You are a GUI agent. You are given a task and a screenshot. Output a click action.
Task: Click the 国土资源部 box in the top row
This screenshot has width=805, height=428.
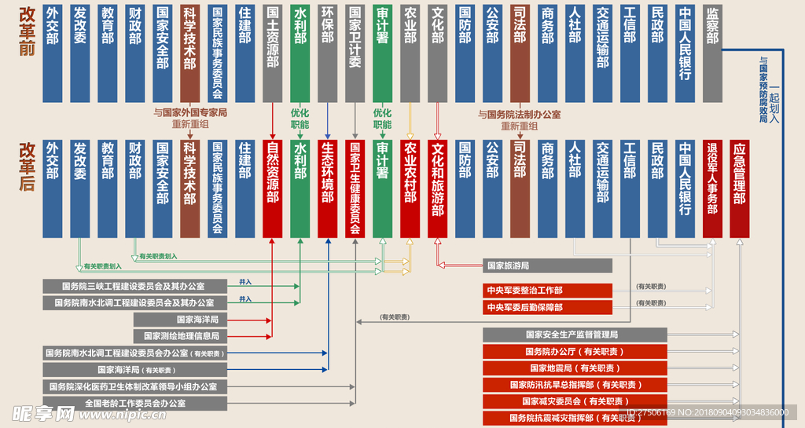(x=272, y=53)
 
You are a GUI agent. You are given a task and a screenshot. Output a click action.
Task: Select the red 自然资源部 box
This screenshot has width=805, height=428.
(x=272, y=188)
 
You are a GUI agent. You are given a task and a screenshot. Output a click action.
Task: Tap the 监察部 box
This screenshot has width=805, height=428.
(x=711, y=53)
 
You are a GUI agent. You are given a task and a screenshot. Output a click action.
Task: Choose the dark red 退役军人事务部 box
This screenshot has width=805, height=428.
(x=711, y=188)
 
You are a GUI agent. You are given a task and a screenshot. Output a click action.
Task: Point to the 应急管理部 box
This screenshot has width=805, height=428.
(x=739, y=188)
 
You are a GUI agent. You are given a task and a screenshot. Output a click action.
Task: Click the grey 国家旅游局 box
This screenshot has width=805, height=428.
(x=546, y=265)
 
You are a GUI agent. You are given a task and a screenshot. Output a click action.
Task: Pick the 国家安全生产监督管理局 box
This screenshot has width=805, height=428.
(x=574, y=335)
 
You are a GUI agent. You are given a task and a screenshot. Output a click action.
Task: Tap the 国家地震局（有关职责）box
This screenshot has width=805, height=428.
(x=574, y=368)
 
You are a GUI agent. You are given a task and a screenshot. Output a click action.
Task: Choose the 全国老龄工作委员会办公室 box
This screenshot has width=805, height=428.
(x=135, y=403)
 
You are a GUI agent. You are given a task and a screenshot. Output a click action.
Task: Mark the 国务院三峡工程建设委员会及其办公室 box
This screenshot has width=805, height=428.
(x=135, y=285)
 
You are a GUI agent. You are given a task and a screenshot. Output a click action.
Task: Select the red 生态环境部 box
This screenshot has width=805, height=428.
(x=327, y=188)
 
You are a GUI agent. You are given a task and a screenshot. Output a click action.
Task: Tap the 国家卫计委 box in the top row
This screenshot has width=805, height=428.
(x=355, y=53)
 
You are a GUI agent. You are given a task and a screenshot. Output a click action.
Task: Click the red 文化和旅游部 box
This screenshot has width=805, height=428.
(x=437, y=188)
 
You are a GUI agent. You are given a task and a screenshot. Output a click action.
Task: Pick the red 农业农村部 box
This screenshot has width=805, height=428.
(x=410, y=188)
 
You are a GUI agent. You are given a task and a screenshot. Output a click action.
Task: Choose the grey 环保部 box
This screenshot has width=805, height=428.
(x=327, y=53)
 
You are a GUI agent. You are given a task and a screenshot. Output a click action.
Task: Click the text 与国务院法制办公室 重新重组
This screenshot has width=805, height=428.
(x=519, y=119)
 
